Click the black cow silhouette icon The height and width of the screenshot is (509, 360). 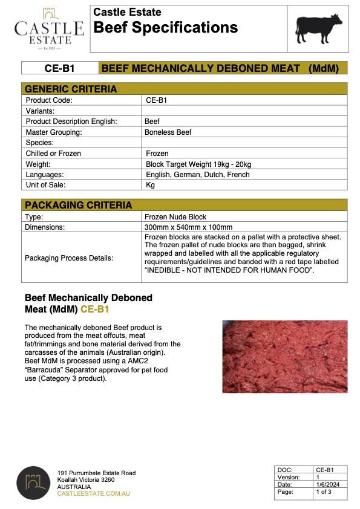click(x=318, y=28)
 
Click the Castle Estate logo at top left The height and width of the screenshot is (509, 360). click(x=49, y=27)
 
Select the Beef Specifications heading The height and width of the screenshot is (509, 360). click(x=165, y=28)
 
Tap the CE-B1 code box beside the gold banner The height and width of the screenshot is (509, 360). click(x=59, y=68)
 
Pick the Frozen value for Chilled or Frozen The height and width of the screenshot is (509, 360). click(x=157, y=154)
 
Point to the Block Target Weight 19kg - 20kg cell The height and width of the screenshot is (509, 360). click(x=198, y=164)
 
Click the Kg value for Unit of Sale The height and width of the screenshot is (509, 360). click(x=151, y=185)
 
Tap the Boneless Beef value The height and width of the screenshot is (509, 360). click(x=168, y=132)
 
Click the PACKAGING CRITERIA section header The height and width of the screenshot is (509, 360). click(x=78, y=205)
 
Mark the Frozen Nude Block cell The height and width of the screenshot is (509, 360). click(x=175, y=216)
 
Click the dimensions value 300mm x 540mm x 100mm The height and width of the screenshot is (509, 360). click(x=185, y=227)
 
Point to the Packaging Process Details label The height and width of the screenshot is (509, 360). click(x=68, y=258)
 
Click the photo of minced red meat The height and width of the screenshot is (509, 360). click(x=284, y=356)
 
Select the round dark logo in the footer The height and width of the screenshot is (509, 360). click(x=33, y=482)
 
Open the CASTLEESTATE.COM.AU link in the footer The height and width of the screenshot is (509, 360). click(x=93, y=493)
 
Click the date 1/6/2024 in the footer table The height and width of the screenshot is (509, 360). click(x=324, y=485)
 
